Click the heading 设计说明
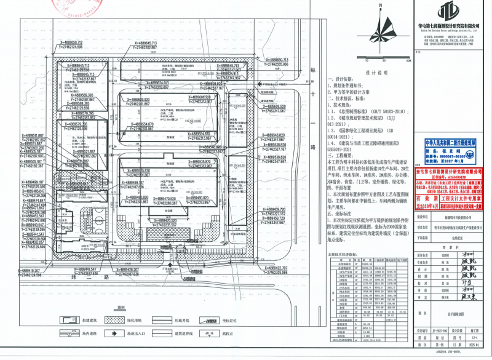pyautogui.click(x=374, y=72)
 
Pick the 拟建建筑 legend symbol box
pyautogui.click(x=65, y=320)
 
